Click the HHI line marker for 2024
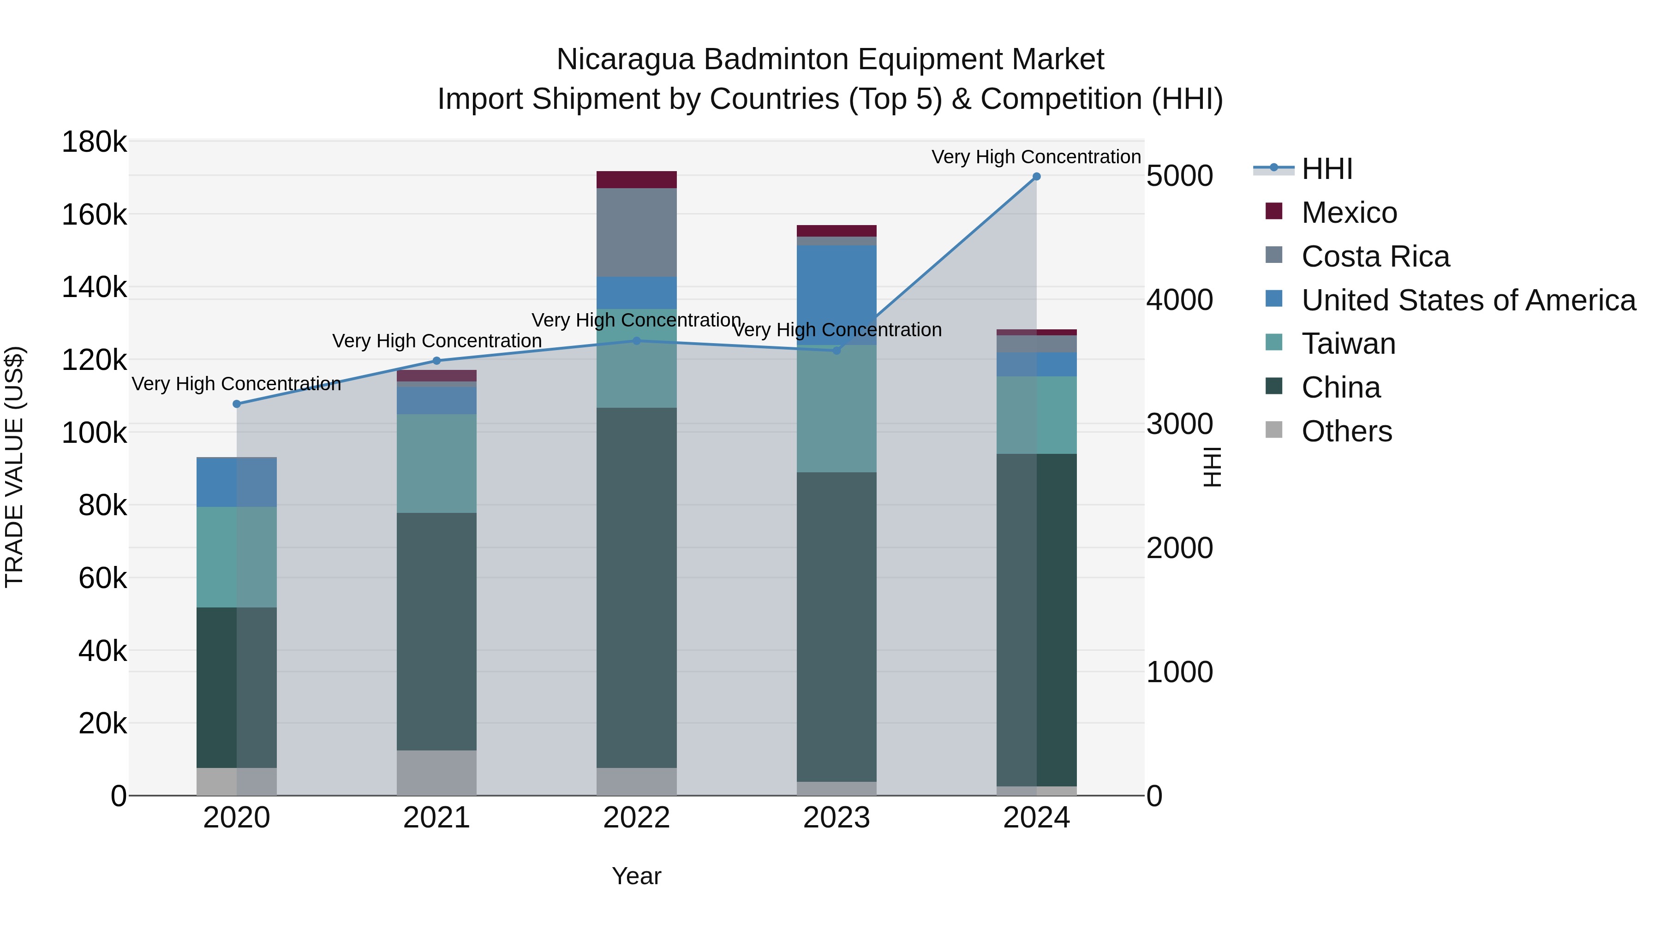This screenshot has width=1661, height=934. (x=1036, y=177)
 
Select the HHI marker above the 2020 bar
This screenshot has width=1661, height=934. (x=237, y=404)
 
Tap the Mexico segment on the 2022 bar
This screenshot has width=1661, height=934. (x=636, y=180)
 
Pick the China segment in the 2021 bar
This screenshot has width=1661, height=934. (x=436, y=632)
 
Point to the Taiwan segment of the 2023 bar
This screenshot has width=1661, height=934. (x=836, y=409)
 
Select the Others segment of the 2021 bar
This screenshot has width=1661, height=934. (x=436, y=773)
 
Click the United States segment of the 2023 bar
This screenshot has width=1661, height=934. (x=836, y=295)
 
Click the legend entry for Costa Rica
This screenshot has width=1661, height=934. (x=1375, y=256)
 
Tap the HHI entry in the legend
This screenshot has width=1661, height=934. (x=1326, y=169)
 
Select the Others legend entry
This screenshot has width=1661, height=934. (x=1346, y=431)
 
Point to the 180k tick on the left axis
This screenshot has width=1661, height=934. (x=94, y=142)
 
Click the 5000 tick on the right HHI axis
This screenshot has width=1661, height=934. (x=1179, y=176)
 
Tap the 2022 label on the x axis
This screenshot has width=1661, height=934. (x=636, y=818)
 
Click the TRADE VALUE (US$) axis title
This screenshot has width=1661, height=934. (x=15, y=467)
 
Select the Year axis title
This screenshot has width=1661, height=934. (x=636, y=876)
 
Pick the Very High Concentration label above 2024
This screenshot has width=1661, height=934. (x=1036, y=157)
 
